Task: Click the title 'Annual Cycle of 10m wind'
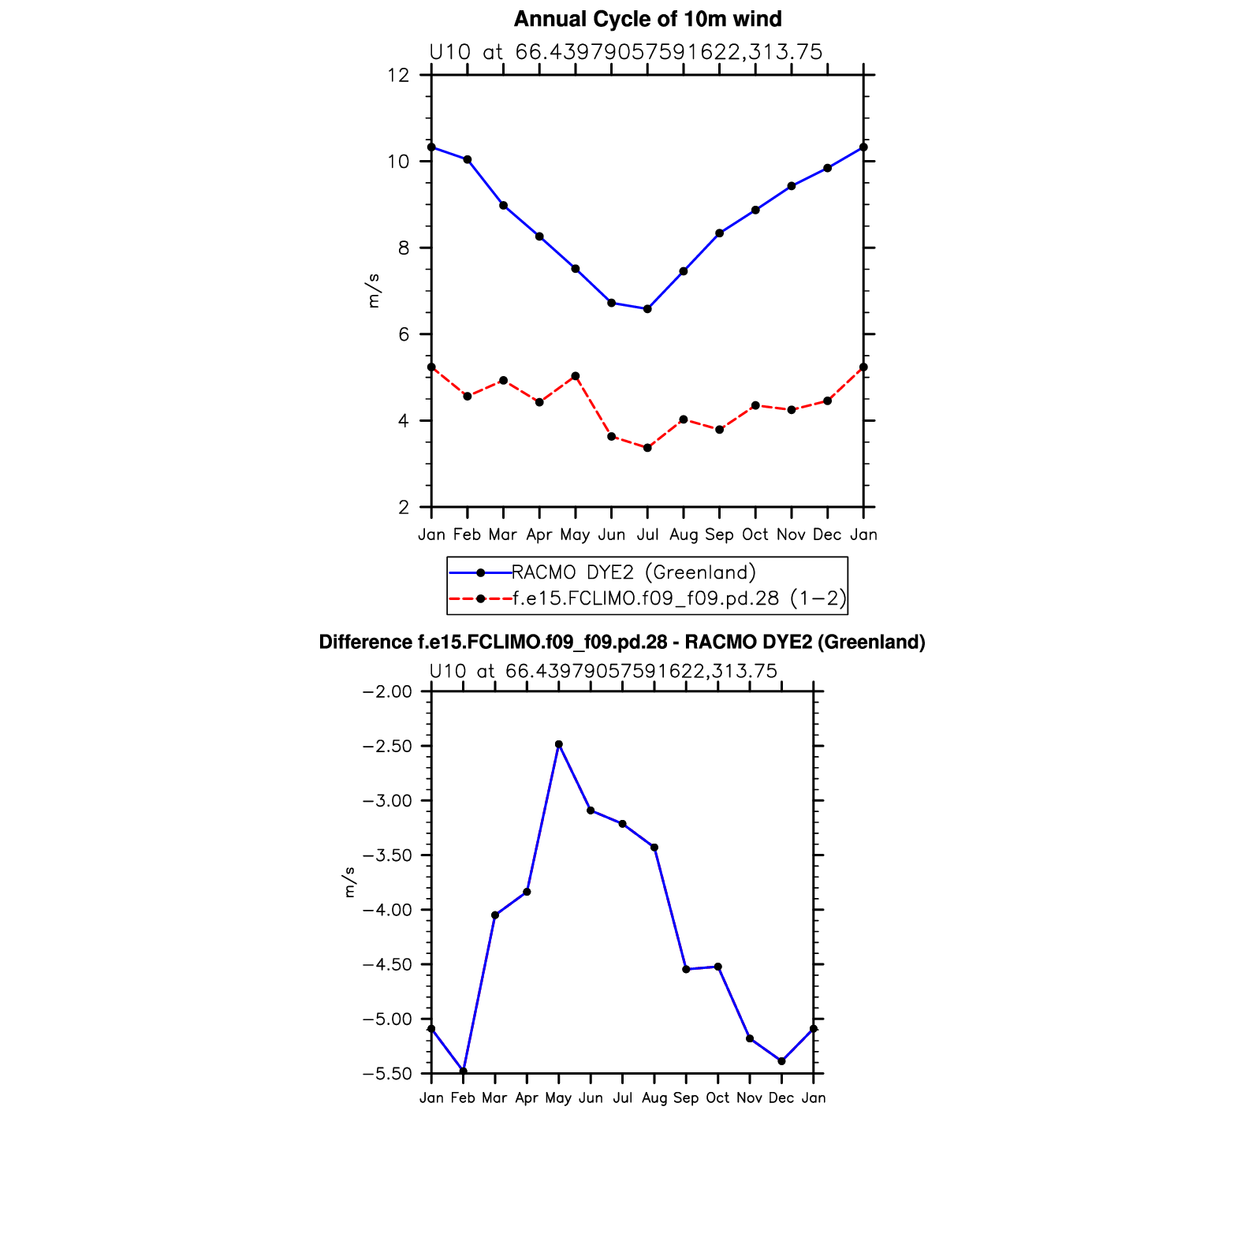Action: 647,19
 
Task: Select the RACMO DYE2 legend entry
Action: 634,572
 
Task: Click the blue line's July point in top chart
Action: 647,309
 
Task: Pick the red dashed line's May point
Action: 576,376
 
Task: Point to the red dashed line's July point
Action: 647,448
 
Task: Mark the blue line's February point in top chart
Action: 468,159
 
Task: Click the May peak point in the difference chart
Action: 559,744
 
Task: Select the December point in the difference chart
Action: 781,1061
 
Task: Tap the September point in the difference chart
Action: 686,969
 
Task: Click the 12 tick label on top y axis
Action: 398,76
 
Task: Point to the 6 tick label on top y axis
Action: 404,335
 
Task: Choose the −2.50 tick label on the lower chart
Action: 386,746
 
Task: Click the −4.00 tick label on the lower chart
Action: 386,910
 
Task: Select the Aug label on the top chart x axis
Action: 684,535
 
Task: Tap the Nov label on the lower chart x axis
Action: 749,1098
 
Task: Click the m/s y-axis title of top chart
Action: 374,291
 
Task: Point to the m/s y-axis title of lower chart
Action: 349,882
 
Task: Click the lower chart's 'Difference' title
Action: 621,643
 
